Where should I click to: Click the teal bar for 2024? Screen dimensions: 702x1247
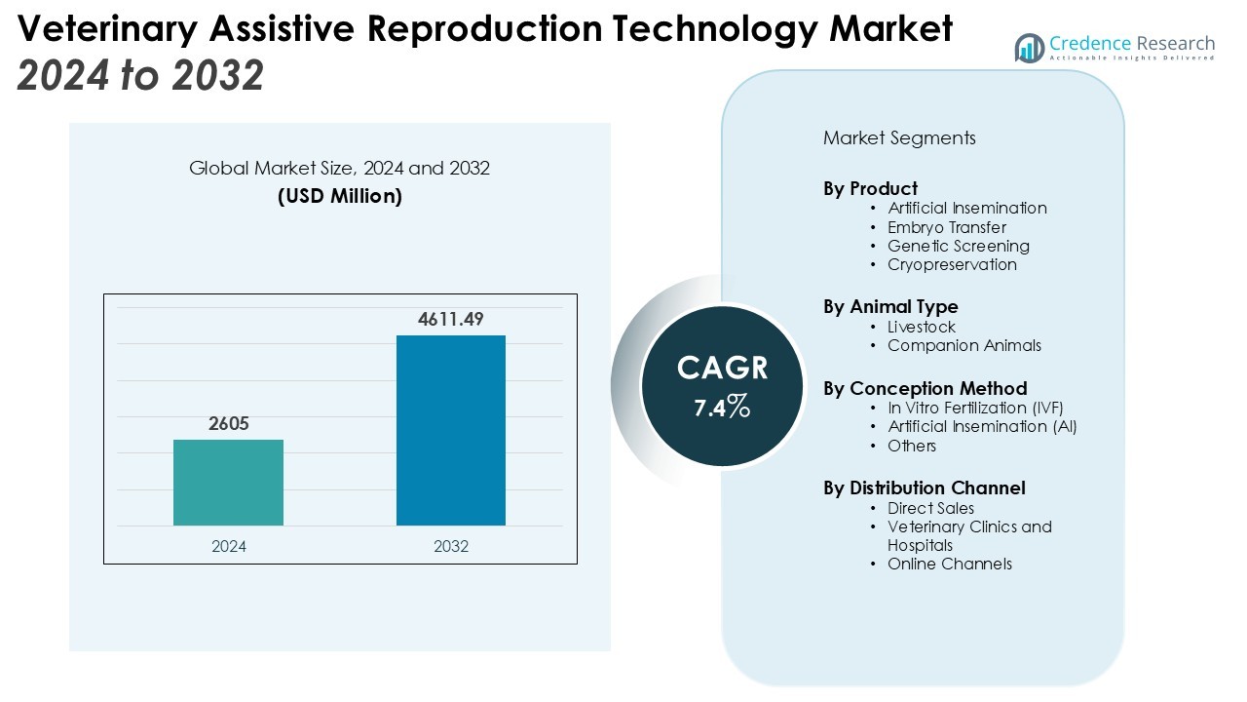click(x=228, y=483)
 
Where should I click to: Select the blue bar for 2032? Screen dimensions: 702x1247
click(x=450, y=430)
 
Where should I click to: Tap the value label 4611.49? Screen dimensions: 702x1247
click(x=450, y=319)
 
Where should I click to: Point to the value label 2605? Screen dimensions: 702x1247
click(x=228, y=424)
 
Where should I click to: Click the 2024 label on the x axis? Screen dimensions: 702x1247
click(x=228, y=546)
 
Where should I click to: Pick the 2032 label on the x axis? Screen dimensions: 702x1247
click(x=450, y=546)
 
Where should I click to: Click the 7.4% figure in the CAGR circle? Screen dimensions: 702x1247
click(x=722, y=407)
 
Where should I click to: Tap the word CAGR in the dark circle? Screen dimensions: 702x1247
click(x=722, y=368)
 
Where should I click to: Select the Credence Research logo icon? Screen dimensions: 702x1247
click(x=1029, y=47)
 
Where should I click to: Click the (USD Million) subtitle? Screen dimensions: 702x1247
click(x=339, y=196)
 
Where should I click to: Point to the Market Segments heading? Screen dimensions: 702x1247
click(x=899, y=137)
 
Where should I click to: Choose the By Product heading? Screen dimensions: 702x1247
click(x=870, y=188)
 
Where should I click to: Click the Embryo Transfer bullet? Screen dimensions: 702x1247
click(x=947, y=227)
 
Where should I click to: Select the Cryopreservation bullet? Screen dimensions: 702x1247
click(x=952, y=264)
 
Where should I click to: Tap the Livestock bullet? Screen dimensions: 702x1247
click(x=922, y=327)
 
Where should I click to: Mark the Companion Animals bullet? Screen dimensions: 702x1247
click(x=964, y=345)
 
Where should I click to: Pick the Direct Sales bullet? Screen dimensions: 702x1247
click(x=930, y=508)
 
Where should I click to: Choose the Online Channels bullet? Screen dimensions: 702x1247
click(x=950, y=564)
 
